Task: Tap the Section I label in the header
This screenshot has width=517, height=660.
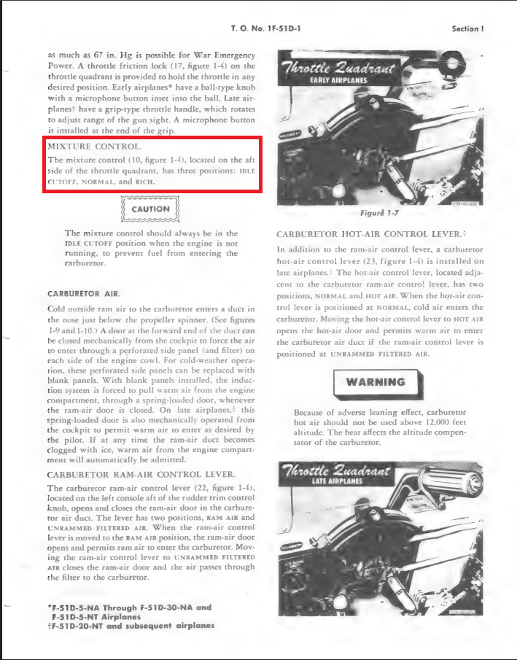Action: (x=468, y=28)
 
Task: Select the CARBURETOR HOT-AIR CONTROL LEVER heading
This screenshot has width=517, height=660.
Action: (x=370, y=234)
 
